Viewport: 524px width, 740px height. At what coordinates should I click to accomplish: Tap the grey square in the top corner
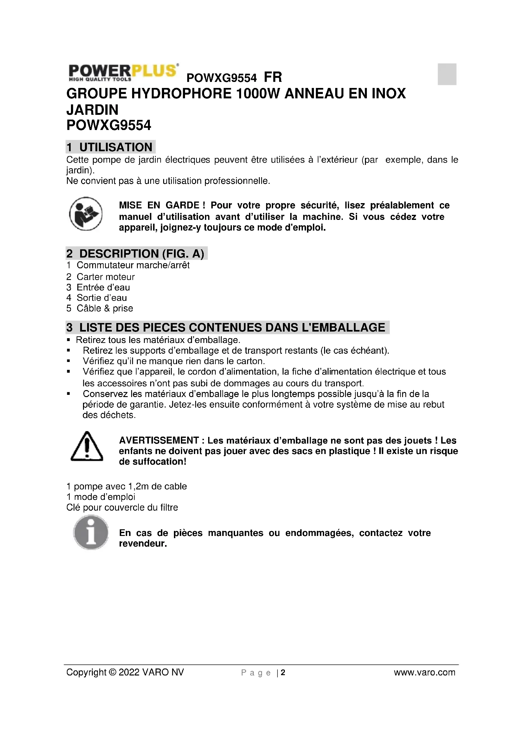point(447,74)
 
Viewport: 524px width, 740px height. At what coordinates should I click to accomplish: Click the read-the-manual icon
point(86,214)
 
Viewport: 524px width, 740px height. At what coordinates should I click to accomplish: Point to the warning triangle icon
point(86,446)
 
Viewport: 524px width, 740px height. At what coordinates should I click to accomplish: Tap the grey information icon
point(91,532)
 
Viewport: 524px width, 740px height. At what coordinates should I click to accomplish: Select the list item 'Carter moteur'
point(105,277)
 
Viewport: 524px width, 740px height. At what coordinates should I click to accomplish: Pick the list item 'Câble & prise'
point(105,308)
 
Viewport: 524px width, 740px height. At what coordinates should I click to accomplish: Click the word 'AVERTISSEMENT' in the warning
point(159,440)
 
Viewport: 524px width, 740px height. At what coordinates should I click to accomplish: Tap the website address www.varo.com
point(424,672)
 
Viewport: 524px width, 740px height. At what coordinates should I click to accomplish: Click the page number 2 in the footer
point(283,672)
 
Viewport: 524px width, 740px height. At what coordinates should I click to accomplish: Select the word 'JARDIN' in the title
point(92,109)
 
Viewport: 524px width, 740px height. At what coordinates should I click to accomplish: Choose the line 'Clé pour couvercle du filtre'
point(122,507)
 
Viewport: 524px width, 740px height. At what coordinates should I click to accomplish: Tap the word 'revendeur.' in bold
point(143,544)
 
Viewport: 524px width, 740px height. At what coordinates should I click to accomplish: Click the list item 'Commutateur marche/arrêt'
point(133,265)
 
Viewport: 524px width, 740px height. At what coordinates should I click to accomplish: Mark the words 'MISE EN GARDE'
point(159,205)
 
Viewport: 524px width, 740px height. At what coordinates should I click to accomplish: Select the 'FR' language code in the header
point(273,77)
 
